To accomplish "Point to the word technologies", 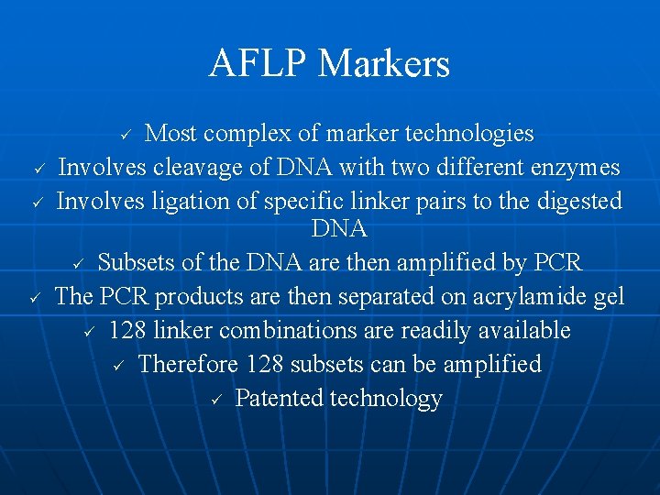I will tap(469, 134).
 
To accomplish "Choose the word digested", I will tap(567, 202).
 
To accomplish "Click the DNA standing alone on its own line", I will tap(339, 228).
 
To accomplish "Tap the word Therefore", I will tap(189, 364).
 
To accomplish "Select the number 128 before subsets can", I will tap(265, 364).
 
